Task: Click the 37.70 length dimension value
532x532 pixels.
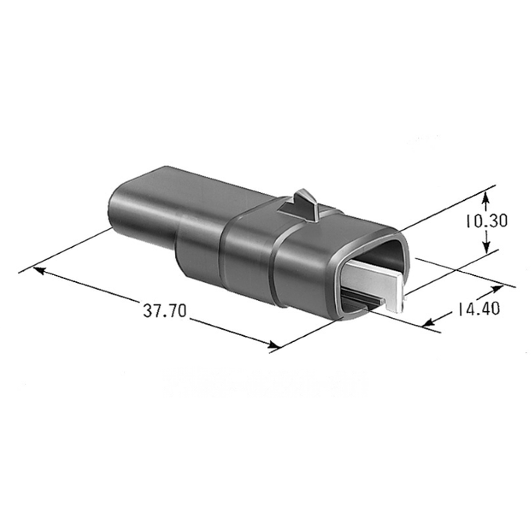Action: (x=164, y=310)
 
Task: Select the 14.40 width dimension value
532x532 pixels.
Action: (x=477, y=309)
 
